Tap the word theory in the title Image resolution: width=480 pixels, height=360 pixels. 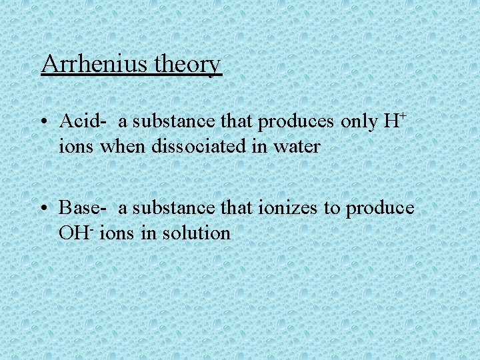(x=187, y=65)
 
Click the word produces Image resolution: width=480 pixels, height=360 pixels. (x=298, y=121)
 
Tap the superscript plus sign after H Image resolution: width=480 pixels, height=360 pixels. (x=403, y=116)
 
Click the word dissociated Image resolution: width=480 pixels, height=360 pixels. (x=187, y=147)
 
